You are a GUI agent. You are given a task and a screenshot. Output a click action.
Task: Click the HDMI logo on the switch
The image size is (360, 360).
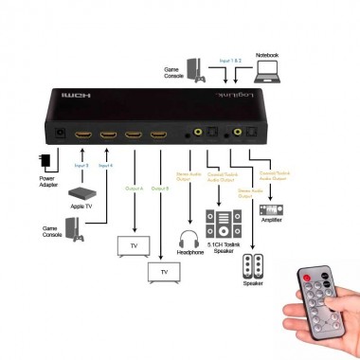click(73, 98)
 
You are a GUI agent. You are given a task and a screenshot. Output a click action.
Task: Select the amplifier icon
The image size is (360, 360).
click(271, 209)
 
